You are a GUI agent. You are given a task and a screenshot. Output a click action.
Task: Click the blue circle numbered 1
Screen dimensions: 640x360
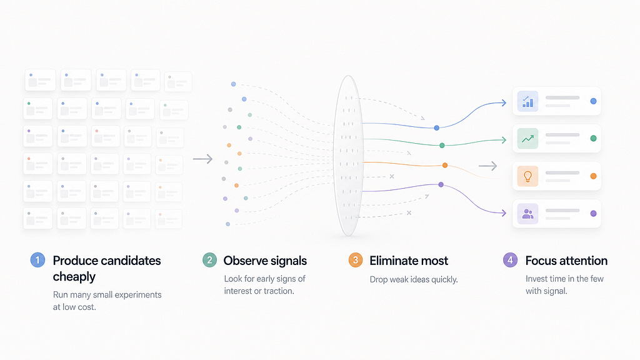coord(37,260)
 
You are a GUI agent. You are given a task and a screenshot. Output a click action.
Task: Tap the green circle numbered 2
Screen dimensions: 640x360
coord(210,260)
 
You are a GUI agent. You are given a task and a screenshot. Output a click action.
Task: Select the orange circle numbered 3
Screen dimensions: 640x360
coord(356,260)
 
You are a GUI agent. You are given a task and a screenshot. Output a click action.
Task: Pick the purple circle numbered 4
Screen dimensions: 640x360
coord(510,260)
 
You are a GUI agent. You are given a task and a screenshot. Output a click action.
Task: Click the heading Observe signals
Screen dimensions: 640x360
coord(265,261)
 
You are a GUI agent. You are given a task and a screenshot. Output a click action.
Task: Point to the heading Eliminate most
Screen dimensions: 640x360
coord(409,261)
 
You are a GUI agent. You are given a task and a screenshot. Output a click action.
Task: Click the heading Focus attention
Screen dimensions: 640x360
coord(566,261)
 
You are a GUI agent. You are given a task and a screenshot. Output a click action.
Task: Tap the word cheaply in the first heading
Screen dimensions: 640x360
coord(74,277)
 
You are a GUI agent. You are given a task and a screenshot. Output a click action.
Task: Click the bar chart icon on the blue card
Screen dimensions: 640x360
coord(527,101)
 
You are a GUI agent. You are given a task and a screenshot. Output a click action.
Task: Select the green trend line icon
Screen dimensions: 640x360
coord(527,139)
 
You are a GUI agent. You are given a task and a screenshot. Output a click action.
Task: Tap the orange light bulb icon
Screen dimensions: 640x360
coord(527,176)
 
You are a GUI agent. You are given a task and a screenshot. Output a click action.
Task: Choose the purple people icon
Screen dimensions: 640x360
coord(527,214)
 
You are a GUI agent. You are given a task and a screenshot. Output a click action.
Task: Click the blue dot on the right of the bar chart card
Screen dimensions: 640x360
coord(594,101)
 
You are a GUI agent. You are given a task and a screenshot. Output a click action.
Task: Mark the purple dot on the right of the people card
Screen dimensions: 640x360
coord(594,214)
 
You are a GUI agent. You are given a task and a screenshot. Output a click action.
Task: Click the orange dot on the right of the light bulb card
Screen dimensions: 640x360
coord(594,176)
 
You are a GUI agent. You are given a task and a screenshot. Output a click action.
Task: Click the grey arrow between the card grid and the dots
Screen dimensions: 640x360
coord(203,159)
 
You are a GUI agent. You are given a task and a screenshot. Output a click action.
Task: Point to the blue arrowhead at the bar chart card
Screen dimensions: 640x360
coord(504,103)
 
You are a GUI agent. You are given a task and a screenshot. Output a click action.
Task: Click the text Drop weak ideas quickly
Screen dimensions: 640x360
coord(414,279)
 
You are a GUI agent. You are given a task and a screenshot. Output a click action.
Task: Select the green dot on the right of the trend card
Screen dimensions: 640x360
coord(594,138)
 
